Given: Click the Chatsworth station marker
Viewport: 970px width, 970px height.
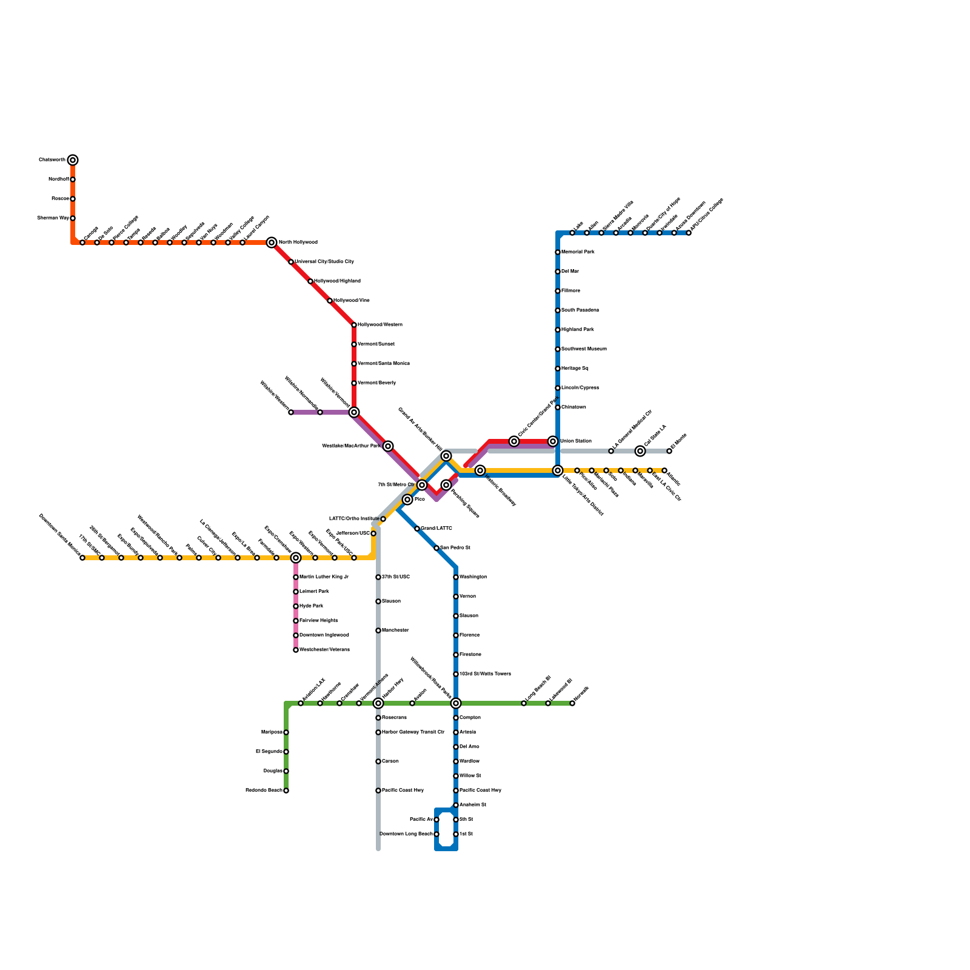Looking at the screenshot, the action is coord(73,160).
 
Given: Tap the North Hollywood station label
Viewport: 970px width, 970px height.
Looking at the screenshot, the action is coord(298,242).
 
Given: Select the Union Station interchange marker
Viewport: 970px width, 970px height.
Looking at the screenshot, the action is coord(553,441).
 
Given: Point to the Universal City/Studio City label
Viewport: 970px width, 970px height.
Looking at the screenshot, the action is coord(324,262).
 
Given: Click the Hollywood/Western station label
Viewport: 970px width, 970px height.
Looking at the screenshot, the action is coord(380,325).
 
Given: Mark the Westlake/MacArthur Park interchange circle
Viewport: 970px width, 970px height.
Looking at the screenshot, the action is coord(388,446).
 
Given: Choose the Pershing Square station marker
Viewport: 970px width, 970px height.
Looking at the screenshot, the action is coord(446,485).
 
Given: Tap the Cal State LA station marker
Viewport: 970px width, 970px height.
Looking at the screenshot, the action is coord(640,451).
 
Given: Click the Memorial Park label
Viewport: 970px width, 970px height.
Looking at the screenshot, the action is coord(578,252).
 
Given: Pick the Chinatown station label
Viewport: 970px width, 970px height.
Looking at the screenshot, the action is coord(574,407).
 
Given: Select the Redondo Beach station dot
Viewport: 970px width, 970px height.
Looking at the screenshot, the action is coord(286,791).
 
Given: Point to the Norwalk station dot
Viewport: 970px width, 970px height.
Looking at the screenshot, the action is coord(572,703).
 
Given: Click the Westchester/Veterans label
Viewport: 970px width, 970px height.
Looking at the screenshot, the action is coord(324,650).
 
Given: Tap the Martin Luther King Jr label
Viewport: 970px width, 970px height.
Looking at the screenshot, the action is coord(324,577).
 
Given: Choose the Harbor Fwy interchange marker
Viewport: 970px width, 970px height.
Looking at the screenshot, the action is coord(378,703).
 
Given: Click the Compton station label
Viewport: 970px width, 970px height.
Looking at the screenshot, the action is coord(470,718).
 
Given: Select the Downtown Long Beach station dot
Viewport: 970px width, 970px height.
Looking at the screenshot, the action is coord(436,834).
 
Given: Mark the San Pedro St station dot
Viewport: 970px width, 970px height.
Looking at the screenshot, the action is coord(436,548).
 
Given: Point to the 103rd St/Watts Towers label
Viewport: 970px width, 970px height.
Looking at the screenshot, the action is coord(485,674).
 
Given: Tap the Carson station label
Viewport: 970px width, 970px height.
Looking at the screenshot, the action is coord(390,761).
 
